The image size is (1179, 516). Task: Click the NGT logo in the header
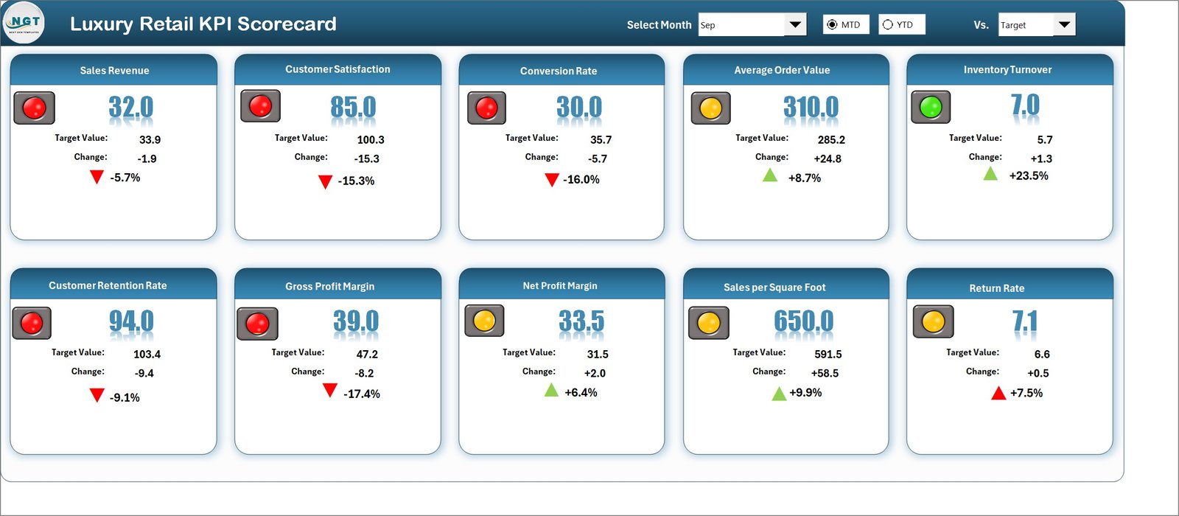click(24, 24)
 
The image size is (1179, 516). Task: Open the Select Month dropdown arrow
click(794, 24)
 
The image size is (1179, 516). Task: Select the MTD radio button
click(833, 24)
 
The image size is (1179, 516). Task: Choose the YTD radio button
click(888, 24)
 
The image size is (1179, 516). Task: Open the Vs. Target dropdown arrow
click(1063, 24)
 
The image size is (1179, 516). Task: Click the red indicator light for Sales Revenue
click(34, 108)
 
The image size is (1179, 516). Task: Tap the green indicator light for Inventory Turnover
click(931, 107)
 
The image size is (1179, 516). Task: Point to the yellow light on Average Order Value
click(710, 108)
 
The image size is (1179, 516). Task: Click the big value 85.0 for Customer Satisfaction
click(353, 108)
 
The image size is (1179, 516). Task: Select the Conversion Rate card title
click(559, 71)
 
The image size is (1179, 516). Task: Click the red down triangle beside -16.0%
click(552, 180)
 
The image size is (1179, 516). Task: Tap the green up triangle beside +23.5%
click(990, 174)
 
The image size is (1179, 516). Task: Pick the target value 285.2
click(831, 139)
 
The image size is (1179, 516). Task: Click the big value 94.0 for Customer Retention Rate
click(131, 321)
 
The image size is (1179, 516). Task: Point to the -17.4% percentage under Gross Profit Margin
click(362, 394)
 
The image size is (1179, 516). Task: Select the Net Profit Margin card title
click(560, 286)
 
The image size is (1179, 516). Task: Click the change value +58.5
click(825, 373)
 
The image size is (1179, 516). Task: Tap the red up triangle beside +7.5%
click(998, 393)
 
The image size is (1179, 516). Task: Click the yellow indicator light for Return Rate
click(933, 321)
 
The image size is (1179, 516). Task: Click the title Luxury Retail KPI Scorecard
click(203, 24)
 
